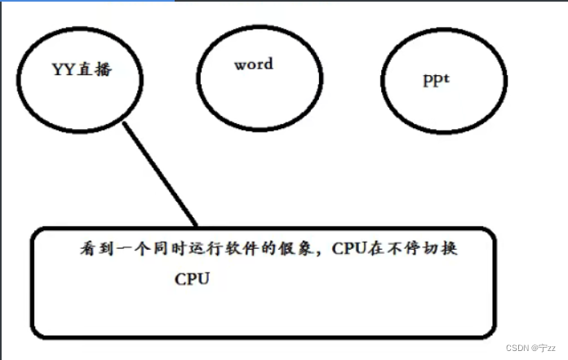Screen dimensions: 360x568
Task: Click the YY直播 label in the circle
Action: coord(82,69)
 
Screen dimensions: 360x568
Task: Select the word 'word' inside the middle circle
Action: coord(253,64)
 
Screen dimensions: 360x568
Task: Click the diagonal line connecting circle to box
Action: coord(159,173)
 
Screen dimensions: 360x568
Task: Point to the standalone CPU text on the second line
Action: coord(193,278)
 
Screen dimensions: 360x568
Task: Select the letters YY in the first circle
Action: coord(64,69)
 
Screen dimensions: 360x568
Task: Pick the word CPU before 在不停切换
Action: coord(349,248)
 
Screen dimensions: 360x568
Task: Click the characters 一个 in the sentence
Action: coord(127,248)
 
